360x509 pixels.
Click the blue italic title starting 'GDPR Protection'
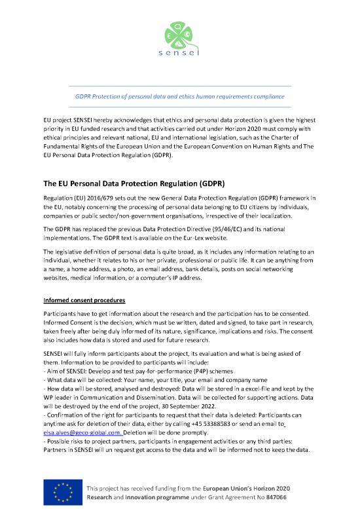180,96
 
